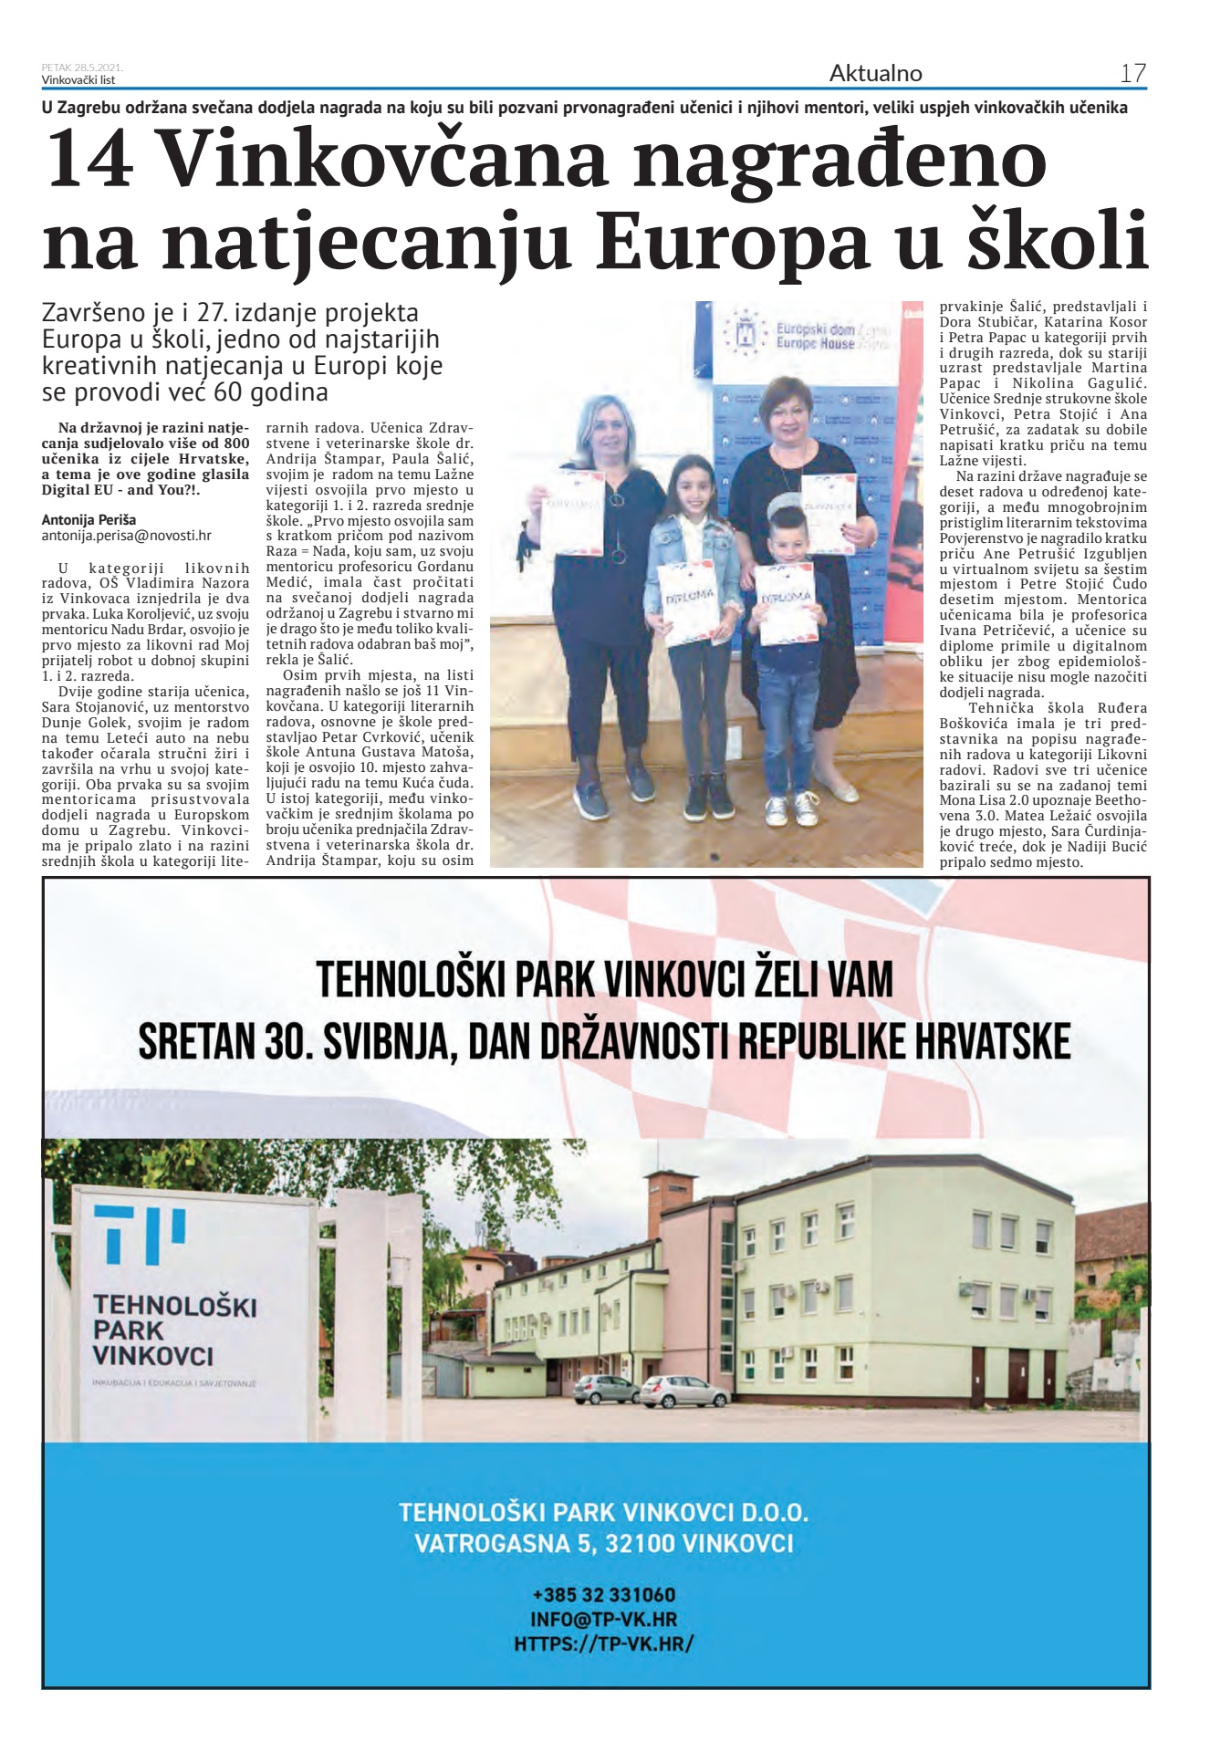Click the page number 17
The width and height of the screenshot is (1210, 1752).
tap(1132, 73)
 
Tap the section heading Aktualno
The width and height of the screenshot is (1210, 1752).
tap(875, 73)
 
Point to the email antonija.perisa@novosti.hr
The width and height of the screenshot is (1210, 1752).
tap(126, 536)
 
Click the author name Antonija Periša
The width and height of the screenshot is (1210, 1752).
tap(89, 520)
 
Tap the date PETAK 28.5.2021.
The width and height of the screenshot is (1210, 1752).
tap(82, 68)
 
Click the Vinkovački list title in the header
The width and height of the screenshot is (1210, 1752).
tap(78, 79)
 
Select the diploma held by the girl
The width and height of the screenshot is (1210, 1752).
tap(691, 603)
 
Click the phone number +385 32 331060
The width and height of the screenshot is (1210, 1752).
tap(604, 1595)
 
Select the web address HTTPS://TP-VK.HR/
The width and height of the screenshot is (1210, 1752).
tap(604, 1643)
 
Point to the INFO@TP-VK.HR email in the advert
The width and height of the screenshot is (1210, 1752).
tap(604, 1620)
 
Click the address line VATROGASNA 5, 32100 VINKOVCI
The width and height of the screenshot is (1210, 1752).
tap(604, 1544)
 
